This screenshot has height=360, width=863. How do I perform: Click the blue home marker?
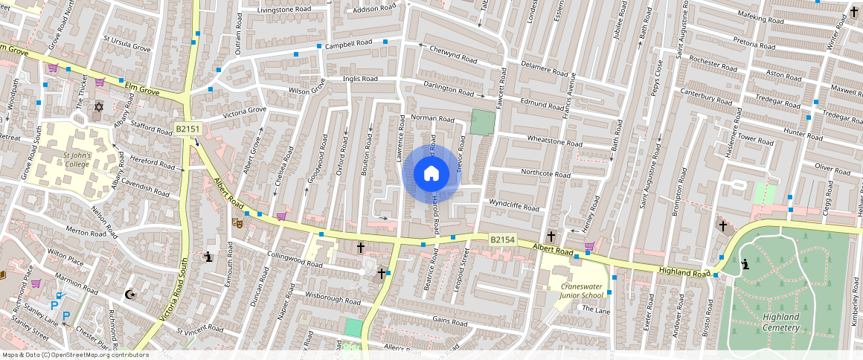click(431, 174)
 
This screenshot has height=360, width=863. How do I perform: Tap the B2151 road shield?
click(188, 129)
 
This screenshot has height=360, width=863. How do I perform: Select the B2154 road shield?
click(502, 240)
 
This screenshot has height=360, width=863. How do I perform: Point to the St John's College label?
click(76, 160)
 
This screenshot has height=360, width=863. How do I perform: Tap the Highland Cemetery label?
click(780, 322)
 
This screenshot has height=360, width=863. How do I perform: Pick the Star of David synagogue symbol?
click(97, 107)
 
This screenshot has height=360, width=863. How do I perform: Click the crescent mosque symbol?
click(131, 295)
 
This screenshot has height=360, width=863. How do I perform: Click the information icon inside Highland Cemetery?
click(745, 264)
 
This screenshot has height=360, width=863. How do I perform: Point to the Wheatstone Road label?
click(554, 141)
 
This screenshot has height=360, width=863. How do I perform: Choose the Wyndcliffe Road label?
click(513, 205)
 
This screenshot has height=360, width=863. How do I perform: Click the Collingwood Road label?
click(294, 260)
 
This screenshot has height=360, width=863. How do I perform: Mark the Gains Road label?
click(449, 321)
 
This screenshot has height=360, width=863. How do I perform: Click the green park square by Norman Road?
click(482, 123)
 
